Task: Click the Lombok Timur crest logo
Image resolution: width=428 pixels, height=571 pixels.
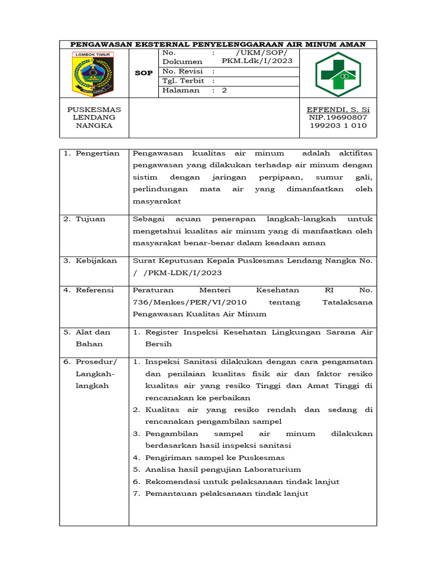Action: [93, 74]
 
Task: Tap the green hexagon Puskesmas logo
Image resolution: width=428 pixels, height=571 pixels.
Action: [338, 74]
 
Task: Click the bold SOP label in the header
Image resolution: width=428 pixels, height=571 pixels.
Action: [144, 73]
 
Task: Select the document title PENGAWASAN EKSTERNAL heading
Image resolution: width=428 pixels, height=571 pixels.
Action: [218, 44]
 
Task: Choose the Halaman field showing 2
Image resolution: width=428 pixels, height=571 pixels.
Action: [194, 90]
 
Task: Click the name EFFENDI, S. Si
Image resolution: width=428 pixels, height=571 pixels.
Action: [338, 109]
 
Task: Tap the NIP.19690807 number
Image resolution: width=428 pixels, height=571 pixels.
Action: [338, 118]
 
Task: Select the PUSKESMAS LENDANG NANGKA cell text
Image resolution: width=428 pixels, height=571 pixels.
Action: [94, 118]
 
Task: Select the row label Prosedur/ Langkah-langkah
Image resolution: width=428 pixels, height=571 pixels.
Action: [96, 374]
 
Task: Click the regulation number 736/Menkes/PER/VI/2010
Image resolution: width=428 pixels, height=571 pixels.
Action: [190, 302]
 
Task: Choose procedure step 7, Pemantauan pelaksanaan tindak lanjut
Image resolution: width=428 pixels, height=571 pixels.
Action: [226, 493]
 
